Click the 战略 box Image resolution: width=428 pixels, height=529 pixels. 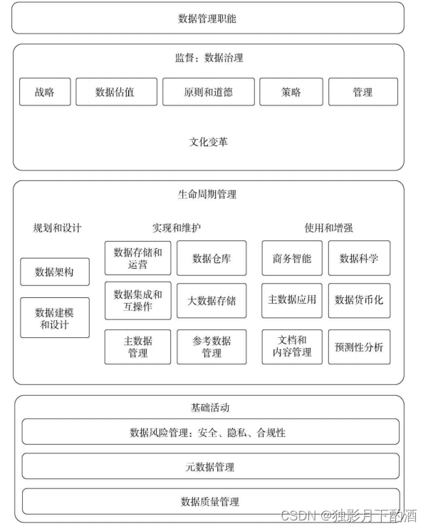tap(44, 92)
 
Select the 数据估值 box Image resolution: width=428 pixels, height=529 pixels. tap(115, 92)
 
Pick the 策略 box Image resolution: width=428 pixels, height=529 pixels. tap(291, 92)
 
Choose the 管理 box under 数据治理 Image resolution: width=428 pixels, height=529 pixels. tap(362, 92)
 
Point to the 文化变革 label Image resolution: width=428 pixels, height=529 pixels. tap(208, 142)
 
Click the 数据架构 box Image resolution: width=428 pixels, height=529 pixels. tap(55, 272)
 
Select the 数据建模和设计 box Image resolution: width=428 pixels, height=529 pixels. tap(55, 318)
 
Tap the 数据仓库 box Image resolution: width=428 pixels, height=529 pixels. tap(212, 258)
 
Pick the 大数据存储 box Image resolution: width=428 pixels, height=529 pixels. tap(212, 301)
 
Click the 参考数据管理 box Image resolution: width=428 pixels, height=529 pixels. tap(212, 346)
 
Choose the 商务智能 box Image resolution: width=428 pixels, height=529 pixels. tap(292, 258)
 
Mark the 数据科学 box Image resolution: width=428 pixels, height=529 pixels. tap(359, 258)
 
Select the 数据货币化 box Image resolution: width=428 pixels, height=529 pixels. tap(359, 300)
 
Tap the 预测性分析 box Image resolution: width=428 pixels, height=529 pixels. tap(359, 347)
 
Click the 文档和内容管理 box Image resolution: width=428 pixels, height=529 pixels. tap(292, 346)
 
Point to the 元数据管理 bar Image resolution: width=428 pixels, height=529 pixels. tap(211, 467)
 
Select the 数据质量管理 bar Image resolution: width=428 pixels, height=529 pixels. tap(211, 501)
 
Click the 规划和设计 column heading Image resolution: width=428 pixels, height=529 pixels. tap(58, 228)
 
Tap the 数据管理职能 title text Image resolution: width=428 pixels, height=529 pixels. tap(207, 19)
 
